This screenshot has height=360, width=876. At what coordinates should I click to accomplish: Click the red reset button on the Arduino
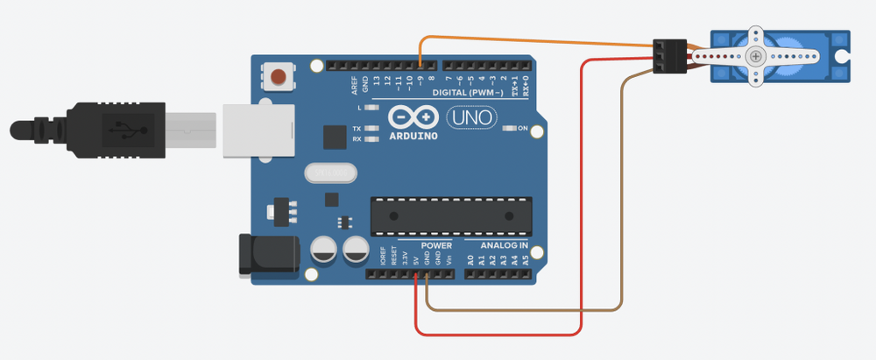click(x=279, y=76)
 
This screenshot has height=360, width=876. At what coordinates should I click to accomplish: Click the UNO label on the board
click(x=470, y=116)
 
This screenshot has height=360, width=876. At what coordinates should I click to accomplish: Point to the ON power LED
click(x=511, y=129)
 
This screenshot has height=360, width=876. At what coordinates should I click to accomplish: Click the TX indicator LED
click(x=372, y=129)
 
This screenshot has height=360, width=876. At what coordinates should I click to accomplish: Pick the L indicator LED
click(x=372, y=108)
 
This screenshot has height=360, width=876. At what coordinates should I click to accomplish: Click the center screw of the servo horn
click(x=756, y=56)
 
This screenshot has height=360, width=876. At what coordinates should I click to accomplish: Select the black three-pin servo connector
click(x=671, y=56)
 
